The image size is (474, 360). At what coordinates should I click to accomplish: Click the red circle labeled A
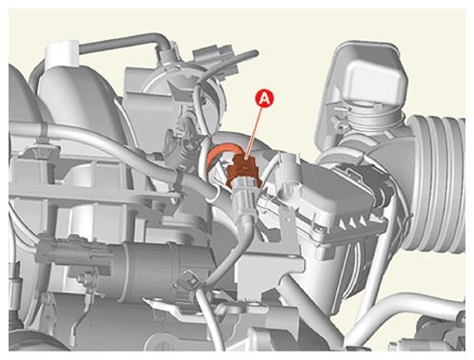coord(264,99)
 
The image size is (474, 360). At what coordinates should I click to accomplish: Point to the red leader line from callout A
coord(254,131)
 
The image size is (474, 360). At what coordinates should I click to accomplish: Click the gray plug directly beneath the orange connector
coord(244,194)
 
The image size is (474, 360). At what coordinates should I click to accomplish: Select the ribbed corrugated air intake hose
coord(439,183)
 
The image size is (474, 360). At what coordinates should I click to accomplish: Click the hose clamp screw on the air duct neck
coord(339,123)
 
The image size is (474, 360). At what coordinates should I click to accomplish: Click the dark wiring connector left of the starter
coord(74,252)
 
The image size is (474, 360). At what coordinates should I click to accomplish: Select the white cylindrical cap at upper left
coord(62,55)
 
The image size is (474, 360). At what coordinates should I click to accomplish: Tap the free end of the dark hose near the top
coord(256,53)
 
